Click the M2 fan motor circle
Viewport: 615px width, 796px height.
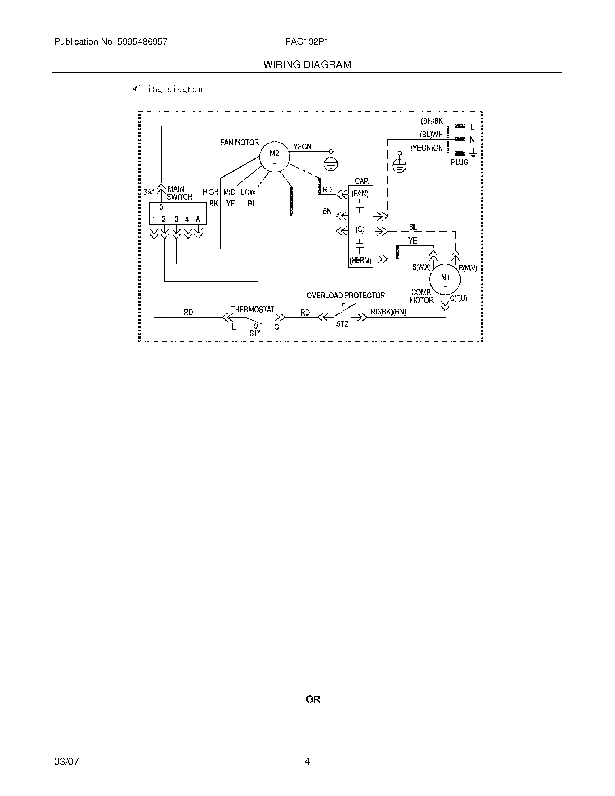coord(274,157)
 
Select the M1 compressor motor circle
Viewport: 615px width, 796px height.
coord(445,279)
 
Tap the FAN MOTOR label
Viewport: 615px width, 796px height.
coord(239,143)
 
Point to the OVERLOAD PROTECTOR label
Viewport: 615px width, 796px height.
coord(345,296)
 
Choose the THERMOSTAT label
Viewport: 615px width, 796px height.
coord(253,309)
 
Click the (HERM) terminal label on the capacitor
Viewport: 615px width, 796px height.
coord(360,261)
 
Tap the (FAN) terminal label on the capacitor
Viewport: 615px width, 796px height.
coord(360,194)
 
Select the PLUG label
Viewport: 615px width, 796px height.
coord(459,162)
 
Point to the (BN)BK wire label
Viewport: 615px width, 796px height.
coord(432,121)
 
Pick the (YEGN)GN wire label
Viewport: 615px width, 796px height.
coord(426,148)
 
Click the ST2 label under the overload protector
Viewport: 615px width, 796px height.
coord(342,324)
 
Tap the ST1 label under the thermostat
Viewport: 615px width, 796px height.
coord(255,333)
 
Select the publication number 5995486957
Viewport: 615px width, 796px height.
coord(143,42)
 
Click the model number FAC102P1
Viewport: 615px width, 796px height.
coord(307,42)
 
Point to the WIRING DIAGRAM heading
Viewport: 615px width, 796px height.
coord(307,65)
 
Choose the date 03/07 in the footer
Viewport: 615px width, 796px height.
coord(66,761)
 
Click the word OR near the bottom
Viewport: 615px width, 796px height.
coord(313,699)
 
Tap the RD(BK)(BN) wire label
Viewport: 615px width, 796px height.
coord(388,312)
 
